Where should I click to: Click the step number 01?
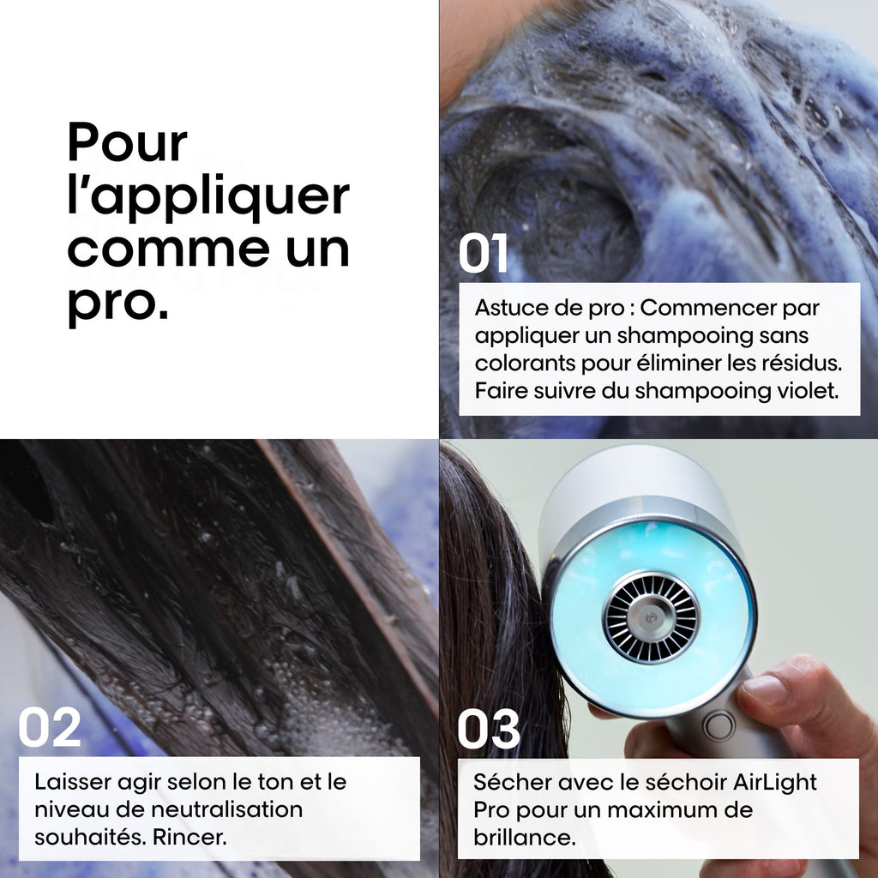coord(483,253)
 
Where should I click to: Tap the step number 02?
coord(49,727)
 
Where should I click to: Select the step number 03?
coord(489,729)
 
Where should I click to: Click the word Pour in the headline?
coord(127,141)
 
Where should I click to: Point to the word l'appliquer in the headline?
coord(208,196)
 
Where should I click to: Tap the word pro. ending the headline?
coord(118,305)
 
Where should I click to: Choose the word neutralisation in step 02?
coord(226,809)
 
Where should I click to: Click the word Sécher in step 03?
coord(508,782)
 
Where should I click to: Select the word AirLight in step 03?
coord(775,782)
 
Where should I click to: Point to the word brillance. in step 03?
coord(525,837)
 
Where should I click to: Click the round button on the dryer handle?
coord(719,726)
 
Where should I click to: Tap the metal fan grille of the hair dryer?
coord(652,617)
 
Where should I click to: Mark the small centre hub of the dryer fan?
coord(652,617)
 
